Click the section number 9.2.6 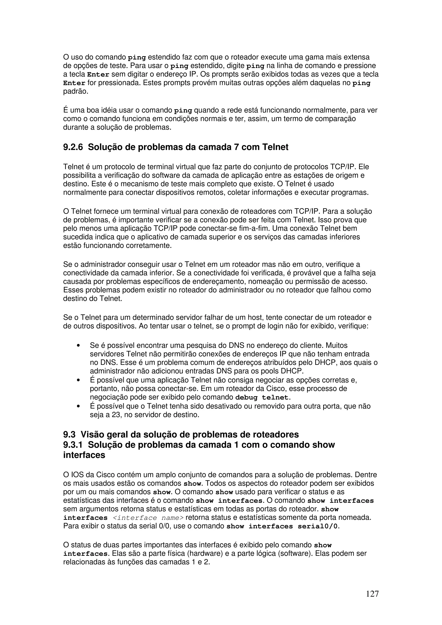pos(73,147)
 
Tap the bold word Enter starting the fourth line pos(74,83)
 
